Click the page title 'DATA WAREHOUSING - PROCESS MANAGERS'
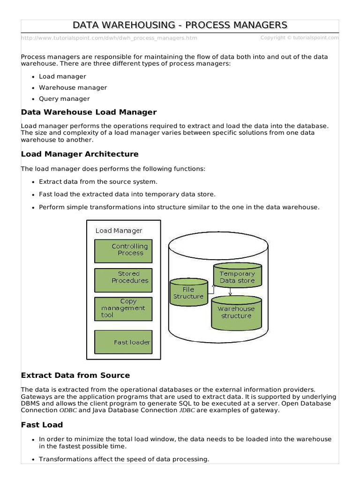180,25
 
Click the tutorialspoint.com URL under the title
109,38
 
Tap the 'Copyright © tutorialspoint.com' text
299,37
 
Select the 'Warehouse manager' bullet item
73,88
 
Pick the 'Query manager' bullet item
64,99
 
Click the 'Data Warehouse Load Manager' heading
89,112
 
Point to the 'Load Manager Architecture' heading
80,154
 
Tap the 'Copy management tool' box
123,308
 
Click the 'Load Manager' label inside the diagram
119,231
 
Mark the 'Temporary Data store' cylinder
237,277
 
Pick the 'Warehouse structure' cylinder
236,312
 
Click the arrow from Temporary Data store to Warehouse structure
230,291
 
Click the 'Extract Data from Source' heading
75,375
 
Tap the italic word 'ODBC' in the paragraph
67,410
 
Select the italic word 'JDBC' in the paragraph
186,410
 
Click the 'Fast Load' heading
42,425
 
